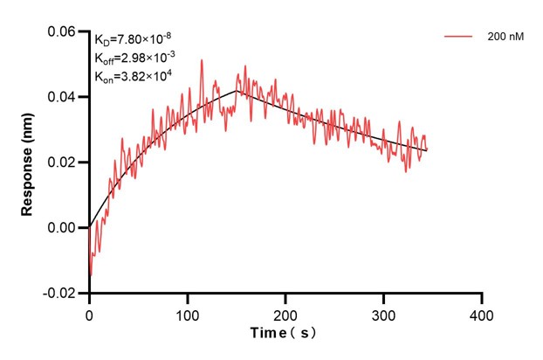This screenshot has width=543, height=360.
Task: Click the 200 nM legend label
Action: (x=505, y=38)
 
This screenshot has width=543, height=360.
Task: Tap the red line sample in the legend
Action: (x=459, y=38)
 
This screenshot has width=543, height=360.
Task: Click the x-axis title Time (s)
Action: (x=285, y=333)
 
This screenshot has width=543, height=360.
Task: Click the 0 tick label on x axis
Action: (x=89, y=312)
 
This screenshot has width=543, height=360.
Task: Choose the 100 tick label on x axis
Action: (x=187, y=312)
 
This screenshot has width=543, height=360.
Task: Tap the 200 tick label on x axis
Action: (x=285, y=312)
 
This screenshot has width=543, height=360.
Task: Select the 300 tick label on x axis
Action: (x=383, y=312)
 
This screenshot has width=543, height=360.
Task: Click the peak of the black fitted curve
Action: (x=236, y=90)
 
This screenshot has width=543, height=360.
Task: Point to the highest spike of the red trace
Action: (x=202, y=60)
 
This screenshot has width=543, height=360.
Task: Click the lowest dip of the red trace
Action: (x=91, y=274)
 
